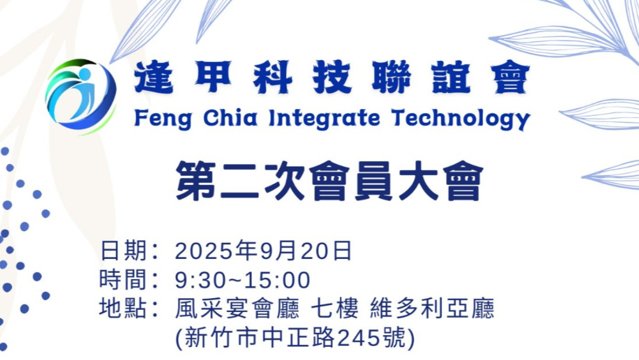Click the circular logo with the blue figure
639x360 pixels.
click(81, 96)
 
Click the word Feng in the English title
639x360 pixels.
click(162, 119)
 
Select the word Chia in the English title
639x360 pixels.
click(230, 118)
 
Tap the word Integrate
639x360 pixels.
click(324, 119)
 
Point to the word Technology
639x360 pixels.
click(461, 120)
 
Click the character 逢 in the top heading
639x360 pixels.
click(153, 77)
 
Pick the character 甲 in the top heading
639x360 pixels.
click(213, 77)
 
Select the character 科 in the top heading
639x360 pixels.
click(273, 77)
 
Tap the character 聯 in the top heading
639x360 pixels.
click(391, 77)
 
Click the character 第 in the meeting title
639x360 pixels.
click(196, 181)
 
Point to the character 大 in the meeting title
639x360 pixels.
click(418, 181)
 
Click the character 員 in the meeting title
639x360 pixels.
click(373, 181)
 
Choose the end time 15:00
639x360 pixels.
click(277, 280)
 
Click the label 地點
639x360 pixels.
click(123, 308)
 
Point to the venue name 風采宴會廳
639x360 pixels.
click(237, 308)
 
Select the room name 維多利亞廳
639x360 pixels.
click(432, 308)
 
